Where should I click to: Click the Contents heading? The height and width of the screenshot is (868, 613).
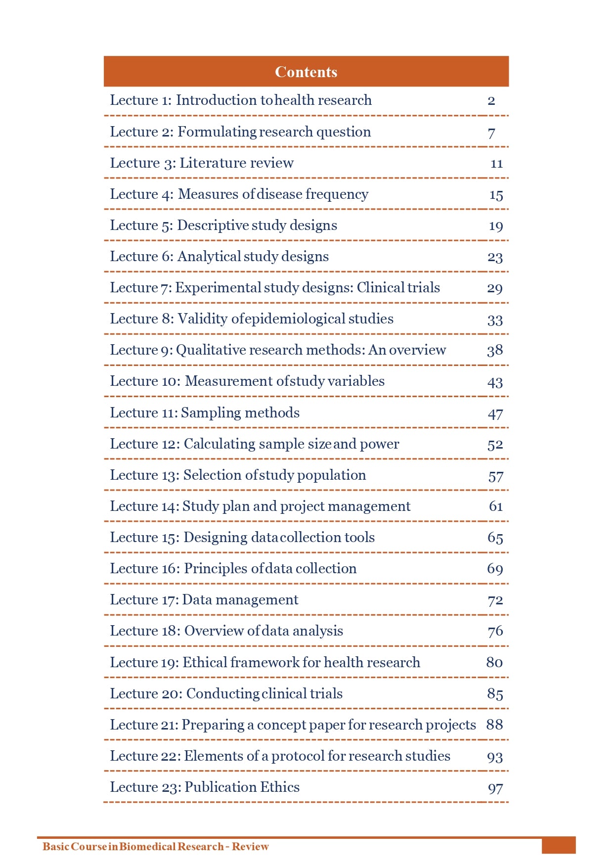(306, 72)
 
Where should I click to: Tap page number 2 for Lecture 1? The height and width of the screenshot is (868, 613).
(491, 101)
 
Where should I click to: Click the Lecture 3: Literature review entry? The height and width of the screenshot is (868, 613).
(202, 163)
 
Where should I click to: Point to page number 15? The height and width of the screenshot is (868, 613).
(496, 195)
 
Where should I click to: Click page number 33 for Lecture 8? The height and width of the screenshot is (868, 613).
(495, 320)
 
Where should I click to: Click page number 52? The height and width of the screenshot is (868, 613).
(495, 445)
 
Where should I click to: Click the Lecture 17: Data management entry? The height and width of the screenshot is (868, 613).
(204, 600)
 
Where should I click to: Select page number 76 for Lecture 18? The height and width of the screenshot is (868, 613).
(495, 632)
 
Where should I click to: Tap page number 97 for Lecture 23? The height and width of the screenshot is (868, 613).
(495, 788)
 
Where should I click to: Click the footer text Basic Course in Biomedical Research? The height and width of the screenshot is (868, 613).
(133, 846)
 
